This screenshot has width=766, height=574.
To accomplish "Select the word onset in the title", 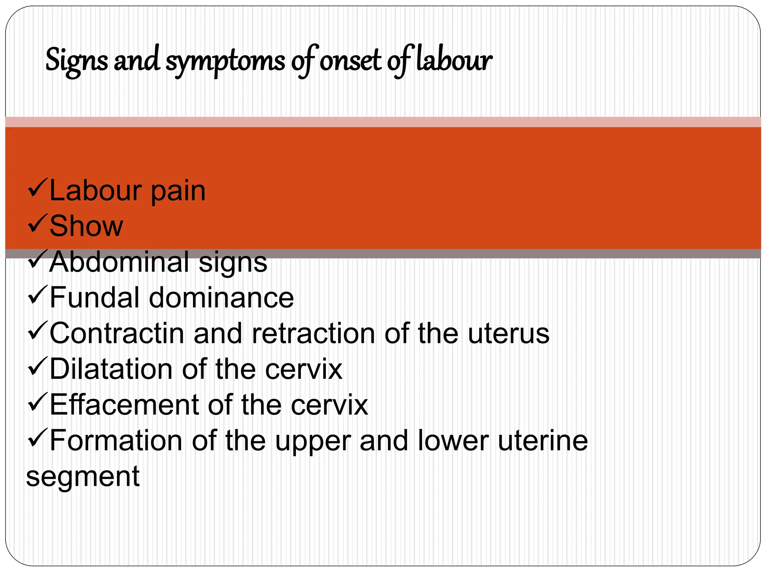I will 350,61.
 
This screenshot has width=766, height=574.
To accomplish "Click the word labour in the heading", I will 454,60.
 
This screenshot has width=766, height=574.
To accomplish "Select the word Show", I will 86,226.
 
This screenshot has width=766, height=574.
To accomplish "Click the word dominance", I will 222,297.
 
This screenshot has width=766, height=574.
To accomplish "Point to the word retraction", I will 313,333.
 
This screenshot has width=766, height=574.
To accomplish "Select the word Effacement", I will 124,405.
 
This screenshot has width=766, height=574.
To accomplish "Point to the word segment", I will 83,477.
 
